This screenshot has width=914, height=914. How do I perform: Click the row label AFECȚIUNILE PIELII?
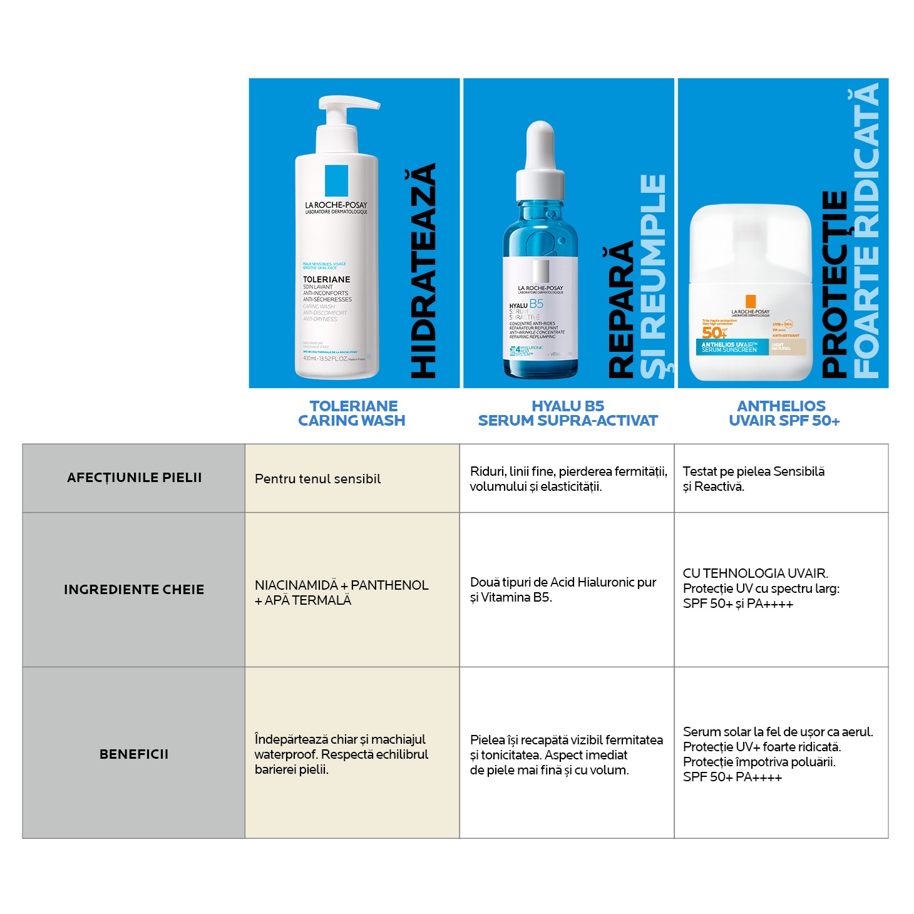[x=134, y=478]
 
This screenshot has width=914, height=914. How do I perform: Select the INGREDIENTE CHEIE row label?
[x=134, y=590]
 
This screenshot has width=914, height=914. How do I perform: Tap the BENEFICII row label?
[x=134, y=754]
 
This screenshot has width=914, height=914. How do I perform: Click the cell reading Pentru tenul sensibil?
[x=317, y=479]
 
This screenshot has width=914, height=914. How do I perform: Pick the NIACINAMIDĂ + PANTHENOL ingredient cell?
[x=341, y=592]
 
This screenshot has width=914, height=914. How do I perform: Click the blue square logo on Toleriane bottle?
[x=336, y=180]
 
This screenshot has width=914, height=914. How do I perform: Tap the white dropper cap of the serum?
[x=540, y=157]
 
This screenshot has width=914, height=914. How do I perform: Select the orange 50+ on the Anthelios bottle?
[x=714, y=332]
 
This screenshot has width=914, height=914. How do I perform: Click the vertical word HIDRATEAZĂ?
[x=423, y=271]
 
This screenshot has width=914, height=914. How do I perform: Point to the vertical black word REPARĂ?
[x=621, y=310]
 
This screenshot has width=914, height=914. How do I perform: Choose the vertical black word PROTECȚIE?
[x=834, y=285]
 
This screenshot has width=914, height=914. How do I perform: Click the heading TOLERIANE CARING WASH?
[x=352, y=413]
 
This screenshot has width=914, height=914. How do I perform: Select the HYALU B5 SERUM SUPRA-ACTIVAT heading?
[x=568, y=413]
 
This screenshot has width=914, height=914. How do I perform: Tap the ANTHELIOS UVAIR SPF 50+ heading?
[x=783, y=413]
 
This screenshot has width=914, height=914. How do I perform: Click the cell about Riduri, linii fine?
[x=568, y=479]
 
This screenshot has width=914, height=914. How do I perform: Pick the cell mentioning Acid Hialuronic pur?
[x=563, y=590]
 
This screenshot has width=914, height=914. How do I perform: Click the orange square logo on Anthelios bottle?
[x=751, y=302]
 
